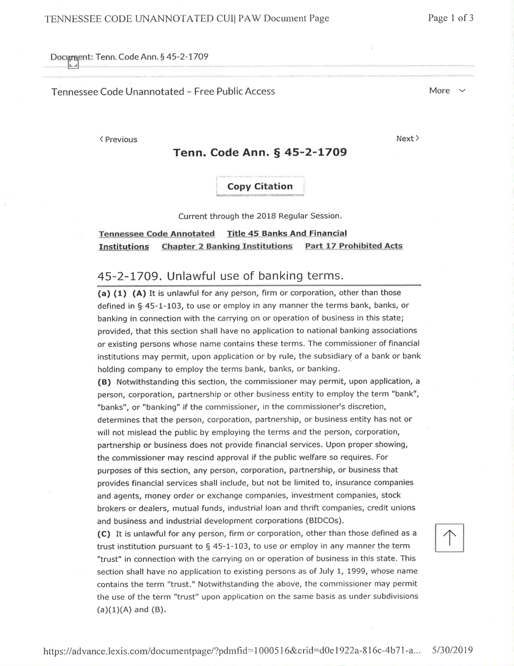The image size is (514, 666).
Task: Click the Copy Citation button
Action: pos(260,186)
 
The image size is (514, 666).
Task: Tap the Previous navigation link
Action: pos(118,140)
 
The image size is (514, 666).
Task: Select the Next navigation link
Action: pos(407,139)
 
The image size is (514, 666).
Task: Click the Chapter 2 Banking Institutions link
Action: pos(227,246)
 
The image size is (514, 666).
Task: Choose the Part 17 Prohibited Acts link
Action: pos(354,246)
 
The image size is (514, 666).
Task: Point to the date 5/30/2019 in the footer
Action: pos(453,649)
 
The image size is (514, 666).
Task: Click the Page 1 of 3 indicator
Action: pos(451,18)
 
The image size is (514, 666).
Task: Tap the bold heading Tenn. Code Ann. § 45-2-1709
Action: pos(259,153)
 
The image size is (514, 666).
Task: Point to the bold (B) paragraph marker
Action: pos(103,382)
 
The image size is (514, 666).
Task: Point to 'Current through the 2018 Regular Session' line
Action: pos(260,217)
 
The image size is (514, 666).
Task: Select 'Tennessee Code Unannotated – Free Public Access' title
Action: pos(163,92)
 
